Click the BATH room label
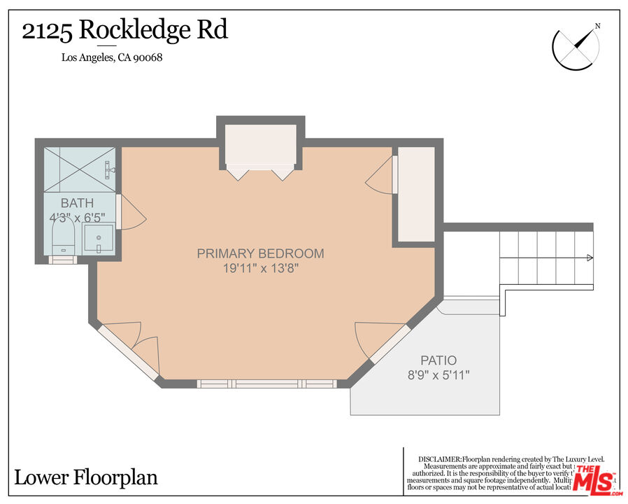point(77,203)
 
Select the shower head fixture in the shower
point(109,168)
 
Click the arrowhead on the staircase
point(590,259)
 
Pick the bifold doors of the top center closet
point(261,171)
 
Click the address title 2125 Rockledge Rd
point(124,31)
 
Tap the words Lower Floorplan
point(85,478)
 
